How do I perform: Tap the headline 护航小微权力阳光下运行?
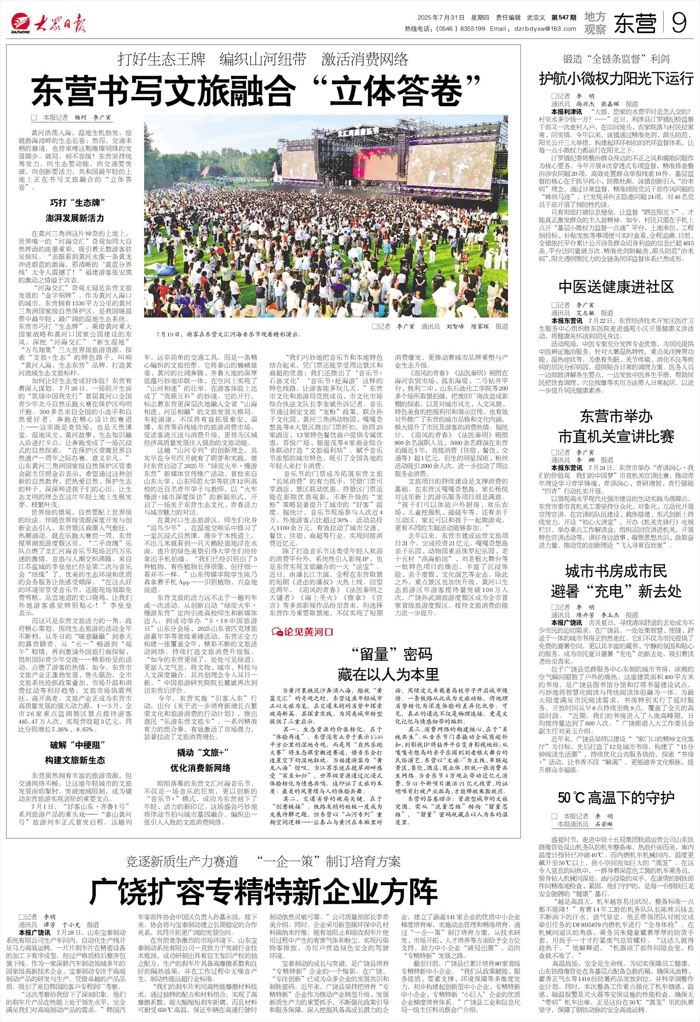pyautogui.click(x=616, y=78)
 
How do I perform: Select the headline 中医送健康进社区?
pyautogui.click(x=616, y=286)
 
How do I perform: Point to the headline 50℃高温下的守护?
pyautogui.click(x=616, y=797)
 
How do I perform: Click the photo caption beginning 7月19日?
pyautogui.click(x=228, y=334)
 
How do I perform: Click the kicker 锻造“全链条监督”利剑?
pyautogui.click(x=616, y=59)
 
